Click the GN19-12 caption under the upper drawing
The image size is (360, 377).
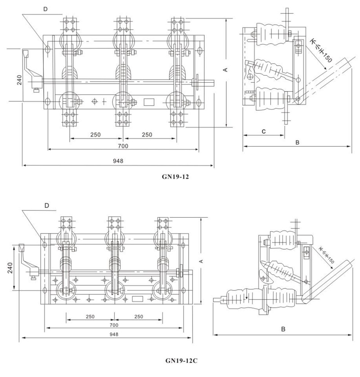(175, 177)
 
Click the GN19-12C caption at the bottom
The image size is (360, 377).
(181, 361)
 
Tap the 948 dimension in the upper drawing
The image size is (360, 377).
(118, 161)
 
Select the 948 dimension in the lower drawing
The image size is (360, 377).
(114, 334)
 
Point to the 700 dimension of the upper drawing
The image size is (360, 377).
(123, 146)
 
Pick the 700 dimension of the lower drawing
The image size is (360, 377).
(114, 325)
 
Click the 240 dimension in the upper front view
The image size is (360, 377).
(19, 80)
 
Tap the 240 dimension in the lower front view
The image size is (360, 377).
(10, 268)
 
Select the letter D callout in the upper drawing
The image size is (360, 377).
(45, 9)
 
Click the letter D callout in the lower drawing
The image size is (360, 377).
(47, 205)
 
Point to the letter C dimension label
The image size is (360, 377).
(264, 131)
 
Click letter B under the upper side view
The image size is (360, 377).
(297, 142)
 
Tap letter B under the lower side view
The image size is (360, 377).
(283, 329)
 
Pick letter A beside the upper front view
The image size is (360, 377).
(225, 70)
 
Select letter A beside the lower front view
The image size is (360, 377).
(201, 261)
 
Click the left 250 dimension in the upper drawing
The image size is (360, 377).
(95, 135)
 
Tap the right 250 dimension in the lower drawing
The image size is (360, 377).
(139, 317)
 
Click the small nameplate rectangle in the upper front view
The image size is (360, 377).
(149, 102)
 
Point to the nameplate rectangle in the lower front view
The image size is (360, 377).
(138, 299)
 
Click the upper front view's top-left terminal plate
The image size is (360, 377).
(70, 25)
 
